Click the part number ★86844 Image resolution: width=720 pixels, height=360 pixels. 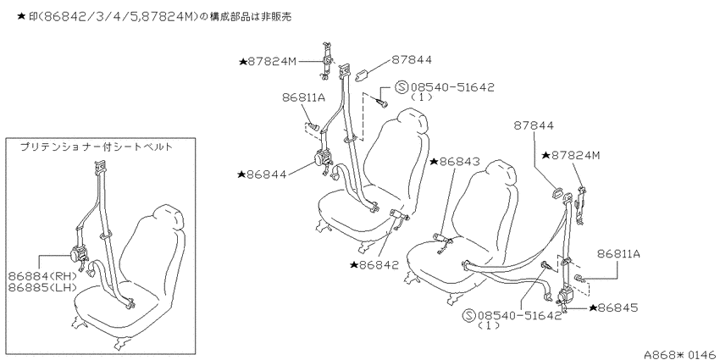pos(262,174)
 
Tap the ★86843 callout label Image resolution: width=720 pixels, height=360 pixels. pos(455,162)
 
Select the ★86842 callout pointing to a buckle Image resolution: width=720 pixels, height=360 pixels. pos(374,265)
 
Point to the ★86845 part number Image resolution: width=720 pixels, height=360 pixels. pos(613,307)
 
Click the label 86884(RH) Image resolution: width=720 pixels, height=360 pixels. pos(43,276)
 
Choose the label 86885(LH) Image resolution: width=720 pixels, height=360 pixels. pos(42,287)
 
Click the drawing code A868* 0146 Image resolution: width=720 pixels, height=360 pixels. pos(681,354)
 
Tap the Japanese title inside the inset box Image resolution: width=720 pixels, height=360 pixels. pos(97,147)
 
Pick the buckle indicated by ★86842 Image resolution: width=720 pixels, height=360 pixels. pos(399,214)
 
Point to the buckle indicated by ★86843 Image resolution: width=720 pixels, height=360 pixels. pos(441,239)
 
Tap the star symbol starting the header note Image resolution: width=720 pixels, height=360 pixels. pos(20,17)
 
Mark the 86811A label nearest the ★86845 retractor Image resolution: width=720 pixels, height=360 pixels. pos(619,253)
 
